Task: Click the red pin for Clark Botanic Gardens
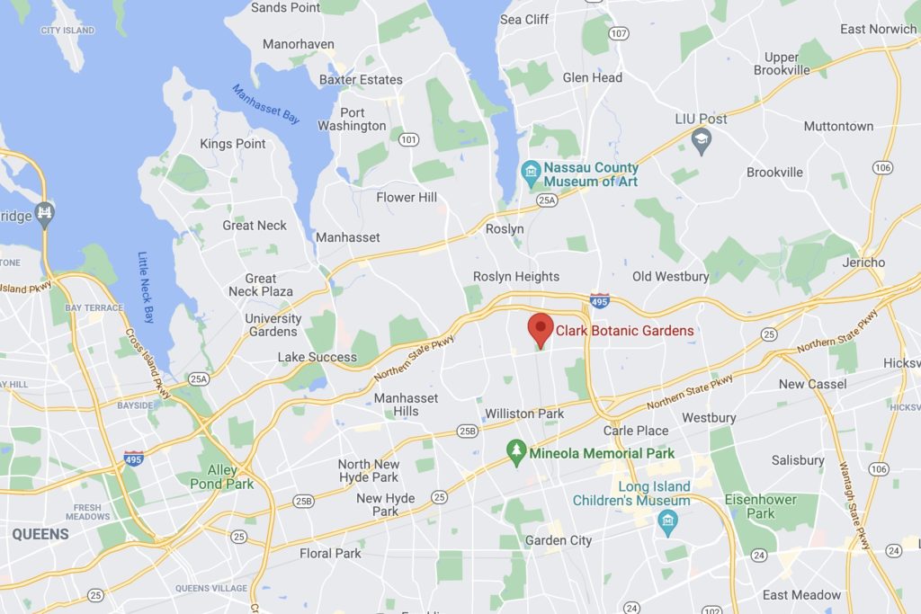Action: pyautogui.click(x=540, y=329)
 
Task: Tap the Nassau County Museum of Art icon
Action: pyautogui.click(x=531, y=171)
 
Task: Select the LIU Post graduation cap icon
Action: pyautogui.click(x=702, y=139)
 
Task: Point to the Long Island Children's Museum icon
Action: pyautogui.click(x=667, y=521)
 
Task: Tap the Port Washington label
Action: pyautogui.click(x=352, y=120)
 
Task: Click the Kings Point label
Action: pyautogui.click(x=232, y=144)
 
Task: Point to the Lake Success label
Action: pyautogui.click(x=317, y=357)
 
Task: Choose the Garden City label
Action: pyautogui.click(x=559, y=540)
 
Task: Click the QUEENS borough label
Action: pyautogui.click(x=40, y=534)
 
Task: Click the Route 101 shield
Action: pyautogui.click(x=408, y=139)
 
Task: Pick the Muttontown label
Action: pyautogui.click(x=838, y=127)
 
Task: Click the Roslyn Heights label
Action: pyautogui.click(x=516, y=277)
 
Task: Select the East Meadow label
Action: pyautogui.click(x=801, y=595)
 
